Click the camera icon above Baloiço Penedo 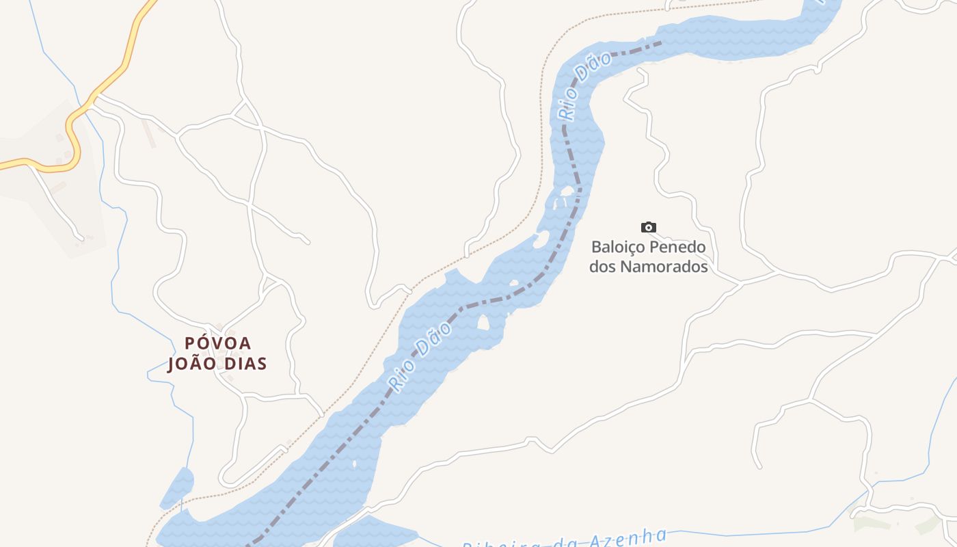coord(648,227)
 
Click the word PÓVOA coord(218,343)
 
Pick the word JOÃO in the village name coord(189,364)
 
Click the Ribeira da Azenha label coord(565,539)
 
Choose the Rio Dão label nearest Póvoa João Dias coord(420,358)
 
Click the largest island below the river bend coord(483,322)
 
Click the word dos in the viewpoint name coord(602,267)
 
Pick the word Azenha coord(629,536)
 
